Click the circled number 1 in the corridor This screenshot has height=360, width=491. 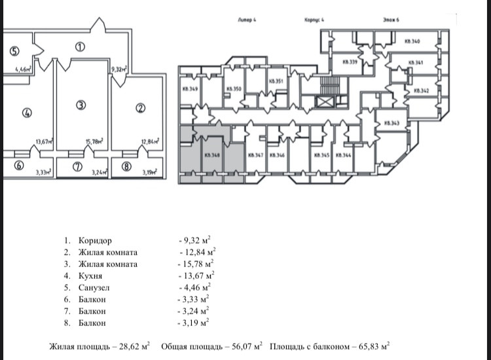pyautogui.click(x=80, y=46)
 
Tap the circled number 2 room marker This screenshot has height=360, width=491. pyautogui.click(x=139, y=108)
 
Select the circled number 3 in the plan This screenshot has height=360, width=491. pyautogui.click(x=80, y=105)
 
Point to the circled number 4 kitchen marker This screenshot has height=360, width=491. pyautogui.click(x=27, y=112)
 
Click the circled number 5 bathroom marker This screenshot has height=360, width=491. pyautogui.click(x=14, y=52)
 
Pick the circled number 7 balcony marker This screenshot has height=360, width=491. pyautogui.click(x=77, y=166)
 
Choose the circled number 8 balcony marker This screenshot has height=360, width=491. pyautogui.click(x=126, y=166)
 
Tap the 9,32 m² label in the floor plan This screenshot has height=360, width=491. pyautogui.click(x=119, y=69)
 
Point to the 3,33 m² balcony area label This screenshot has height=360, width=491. pyautogui.click(x=43, y=173)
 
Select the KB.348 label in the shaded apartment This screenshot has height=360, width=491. pyautogui.click(x=211, y=155)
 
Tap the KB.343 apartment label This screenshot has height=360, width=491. pyautogui.click(x=392, y=123)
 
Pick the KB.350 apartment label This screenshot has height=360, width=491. pyautogui.click(x=234, y=89)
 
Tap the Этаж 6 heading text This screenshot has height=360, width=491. pyautogui.click(x=392, y=20)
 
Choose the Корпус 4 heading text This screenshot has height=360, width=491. pyautogui.click(x=314, y=20)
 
